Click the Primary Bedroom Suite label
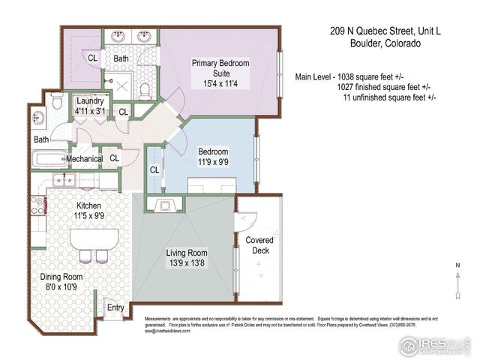pos(220,68)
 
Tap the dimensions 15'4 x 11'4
pos(220,83)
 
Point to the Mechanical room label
pos(84,158)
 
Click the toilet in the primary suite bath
pos(147,90)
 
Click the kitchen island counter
pos(94,240)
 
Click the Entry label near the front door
pos(115,307)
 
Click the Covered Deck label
pos(259,245)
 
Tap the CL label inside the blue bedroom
pos(154,169)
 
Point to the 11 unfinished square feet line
pos(389,97)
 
